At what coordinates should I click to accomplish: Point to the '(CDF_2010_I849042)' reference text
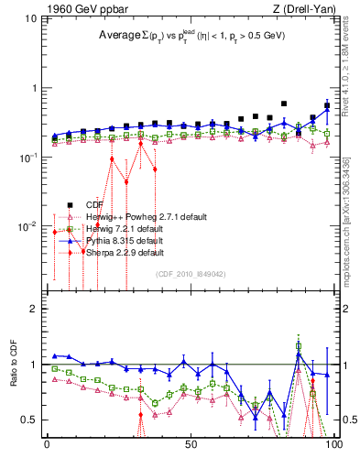coord(194,274)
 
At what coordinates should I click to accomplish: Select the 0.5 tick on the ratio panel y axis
coord(31,420)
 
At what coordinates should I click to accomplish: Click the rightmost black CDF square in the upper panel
coord(327,105)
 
